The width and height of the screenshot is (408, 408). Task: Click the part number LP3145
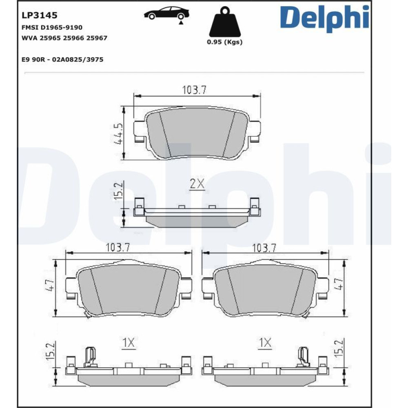40,16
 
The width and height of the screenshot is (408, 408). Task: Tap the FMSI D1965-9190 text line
52,27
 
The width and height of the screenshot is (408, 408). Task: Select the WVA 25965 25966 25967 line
64,38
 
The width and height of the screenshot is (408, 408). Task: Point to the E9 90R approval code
62,60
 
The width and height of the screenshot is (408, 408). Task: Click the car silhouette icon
167,13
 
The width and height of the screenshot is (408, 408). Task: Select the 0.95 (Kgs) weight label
224,42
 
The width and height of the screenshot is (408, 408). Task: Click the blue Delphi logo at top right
324,19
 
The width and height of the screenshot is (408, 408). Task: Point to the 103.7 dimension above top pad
194,90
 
